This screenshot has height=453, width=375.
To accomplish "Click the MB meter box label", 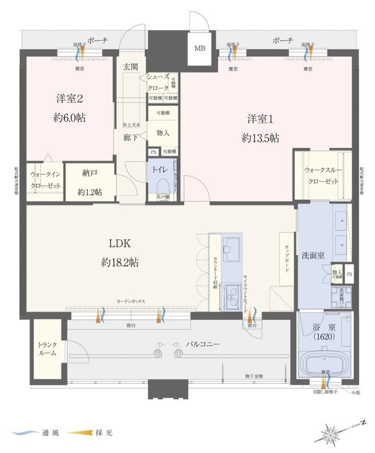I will tap(200, 49).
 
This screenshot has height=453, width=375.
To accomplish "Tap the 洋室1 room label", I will tap(260, 119).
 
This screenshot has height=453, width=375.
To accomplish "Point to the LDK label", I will tap(120, 244).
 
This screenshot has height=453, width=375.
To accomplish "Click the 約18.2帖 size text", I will tap(120, 262).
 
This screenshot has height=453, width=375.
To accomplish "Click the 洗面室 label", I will tap(313, 255).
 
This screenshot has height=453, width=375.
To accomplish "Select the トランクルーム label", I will tap(48, 349).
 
